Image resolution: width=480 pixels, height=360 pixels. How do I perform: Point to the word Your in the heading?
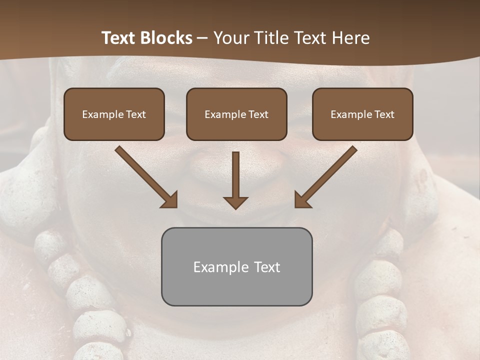pyautogui.click(x=231, y=38)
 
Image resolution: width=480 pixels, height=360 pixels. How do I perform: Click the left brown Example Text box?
pyautogui.click(x=114, y=114)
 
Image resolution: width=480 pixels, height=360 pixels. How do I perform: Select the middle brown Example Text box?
pyautogui.click(x=236, y=114)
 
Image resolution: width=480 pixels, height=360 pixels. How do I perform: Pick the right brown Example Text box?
pyautogui.click(x=362, y=114)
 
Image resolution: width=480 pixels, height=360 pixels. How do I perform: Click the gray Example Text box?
pyautogui.click(x=236, y=266)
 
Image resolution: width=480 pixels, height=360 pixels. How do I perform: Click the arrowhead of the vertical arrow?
pyautogui.click(x=235, y=202)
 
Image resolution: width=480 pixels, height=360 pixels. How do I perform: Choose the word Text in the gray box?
pyautogui.click(x=267, y=267)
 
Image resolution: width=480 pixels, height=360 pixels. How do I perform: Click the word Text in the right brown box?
pyautogui.click(x=384, y=114)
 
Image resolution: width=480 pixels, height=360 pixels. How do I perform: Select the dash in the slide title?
pyautogui.click(x=202, y=38)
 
